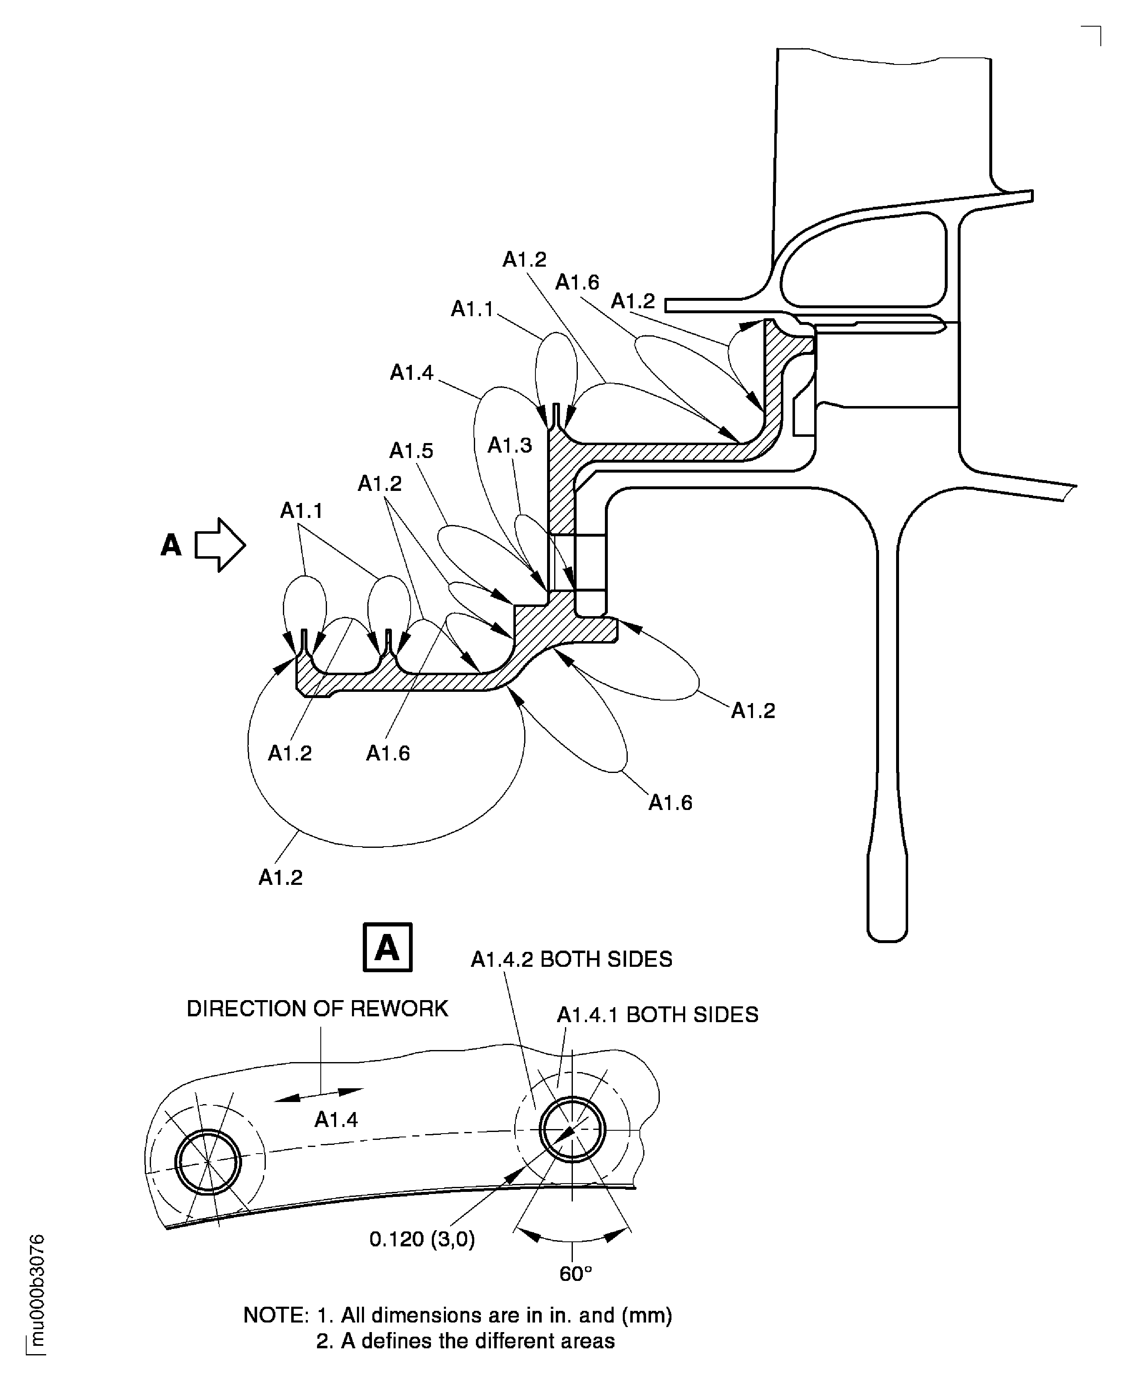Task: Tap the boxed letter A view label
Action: click(x=388, y=947)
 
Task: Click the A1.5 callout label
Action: click(x=411, y=451)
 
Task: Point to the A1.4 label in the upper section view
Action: click(x=411, y=373)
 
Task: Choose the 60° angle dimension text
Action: click(x=576, y=1274)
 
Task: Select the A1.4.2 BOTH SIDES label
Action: click(x=571, y=959)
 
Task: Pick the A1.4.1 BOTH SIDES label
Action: click(x=658, y=1015)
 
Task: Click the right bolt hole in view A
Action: click(x=572, y=1130)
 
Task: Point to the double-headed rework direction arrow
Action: click(x=319, y=1094)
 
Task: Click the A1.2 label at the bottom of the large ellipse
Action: click(x=280, y=878)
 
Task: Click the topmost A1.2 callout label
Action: click(x=525, y=260)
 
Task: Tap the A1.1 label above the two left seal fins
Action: click(x=301, y=512)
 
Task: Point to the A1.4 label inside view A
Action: click(x=336, y=1120)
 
